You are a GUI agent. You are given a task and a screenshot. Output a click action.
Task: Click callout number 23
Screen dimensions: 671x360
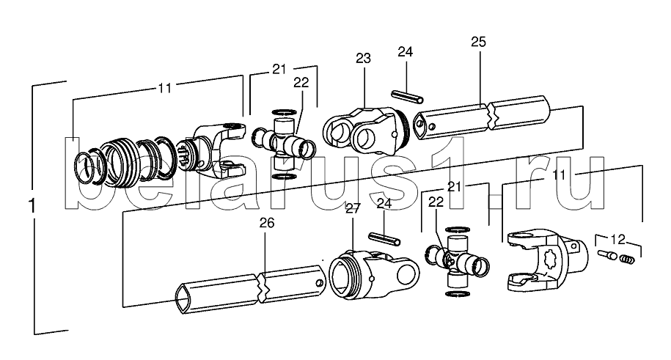(363, 58)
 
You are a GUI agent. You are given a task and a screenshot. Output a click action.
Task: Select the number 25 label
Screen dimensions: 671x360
(478, 42)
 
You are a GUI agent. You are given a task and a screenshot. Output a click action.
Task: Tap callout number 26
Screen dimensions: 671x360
(267, 223)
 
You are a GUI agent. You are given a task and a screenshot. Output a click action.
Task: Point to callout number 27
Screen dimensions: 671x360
(353, 208)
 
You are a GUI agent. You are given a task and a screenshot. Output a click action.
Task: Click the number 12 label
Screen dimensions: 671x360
(617, 239)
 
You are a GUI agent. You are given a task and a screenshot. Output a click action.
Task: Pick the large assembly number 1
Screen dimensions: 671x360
(32, 206)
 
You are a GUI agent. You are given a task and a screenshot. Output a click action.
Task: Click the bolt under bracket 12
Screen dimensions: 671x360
(607, 254)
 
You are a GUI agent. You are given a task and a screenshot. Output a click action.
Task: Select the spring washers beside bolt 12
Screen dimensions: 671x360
(627, 260)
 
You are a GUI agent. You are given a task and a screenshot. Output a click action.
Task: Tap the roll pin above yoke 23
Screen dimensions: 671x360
(408, 96)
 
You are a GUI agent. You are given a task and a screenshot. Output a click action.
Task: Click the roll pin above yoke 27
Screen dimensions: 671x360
(384, 239)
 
